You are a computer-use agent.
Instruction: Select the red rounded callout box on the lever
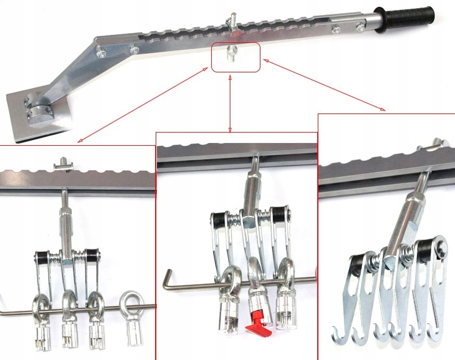coord(236,57)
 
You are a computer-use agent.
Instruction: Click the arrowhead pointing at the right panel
coord(383,109)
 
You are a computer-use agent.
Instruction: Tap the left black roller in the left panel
coord(43,257)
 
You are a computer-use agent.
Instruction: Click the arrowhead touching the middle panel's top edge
coord(230,130)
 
